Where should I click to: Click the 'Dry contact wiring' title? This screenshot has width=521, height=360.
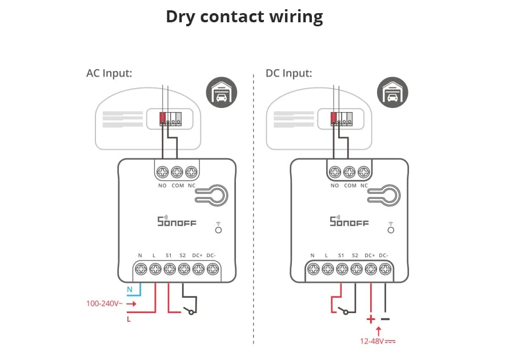(245, 17)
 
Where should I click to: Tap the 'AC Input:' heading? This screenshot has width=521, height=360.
(109, 73)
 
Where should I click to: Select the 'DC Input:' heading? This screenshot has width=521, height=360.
(288, 73)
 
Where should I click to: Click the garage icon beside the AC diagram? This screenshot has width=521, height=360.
(222, 93)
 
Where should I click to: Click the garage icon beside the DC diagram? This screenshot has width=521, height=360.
(392, 93)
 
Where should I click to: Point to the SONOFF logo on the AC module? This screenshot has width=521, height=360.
(177, 221)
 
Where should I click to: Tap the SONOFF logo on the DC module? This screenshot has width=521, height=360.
(349, 221)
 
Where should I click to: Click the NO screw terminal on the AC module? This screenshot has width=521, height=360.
(162, 172)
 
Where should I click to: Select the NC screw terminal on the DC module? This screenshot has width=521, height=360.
(364, 172)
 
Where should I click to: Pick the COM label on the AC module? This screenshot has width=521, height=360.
(178, 186)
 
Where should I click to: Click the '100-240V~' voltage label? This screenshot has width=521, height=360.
(105, 303)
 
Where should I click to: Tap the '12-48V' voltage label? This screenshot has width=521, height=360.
(372, 341)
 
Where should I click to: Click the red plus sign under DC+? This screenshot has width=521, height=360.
(371, 319)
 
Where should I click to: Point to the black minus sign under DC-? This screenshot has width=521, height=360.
(385, 319)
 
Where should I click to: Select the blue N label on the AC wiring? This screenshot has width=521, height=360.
(130, 290)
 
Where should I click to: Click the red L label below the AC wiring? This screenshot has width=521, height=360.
(129, 319)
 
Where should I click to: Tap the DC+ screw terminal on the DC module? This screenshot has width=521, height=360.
(371, 269)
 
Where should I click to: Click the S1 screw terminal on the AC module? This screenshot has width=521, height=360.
(170, 269)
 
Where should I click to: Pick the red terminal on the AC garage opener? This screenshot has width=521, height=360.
(162, 118)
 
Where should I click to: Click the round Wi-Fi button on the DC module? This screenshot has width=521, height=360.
(391, 230)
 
